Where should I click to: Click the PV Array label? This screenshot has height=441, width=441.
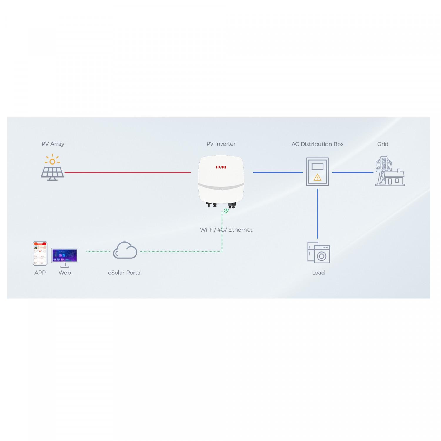53,144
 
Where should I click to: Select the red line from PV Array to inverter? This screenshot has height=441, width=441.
128,173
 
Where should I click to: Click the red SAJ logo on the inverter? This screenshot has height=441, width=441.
221,167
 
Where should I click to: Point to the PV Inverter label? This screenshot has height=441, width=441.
221,144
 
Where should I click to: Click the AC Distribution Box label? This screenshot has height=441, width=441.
318,144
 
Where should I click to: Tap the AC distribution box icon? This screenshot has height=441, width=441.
318,171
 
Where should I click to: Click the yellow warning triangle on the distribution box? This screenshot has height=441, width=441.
318,177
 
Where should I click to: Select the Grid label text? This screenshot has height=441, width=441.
383,144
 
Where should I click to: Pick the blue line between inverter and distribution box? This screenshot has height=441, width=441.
278,173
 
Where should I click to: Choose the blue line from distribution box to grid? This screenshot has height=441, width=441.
353,173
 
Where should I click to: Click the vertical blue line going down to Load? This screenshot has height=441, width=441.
318,213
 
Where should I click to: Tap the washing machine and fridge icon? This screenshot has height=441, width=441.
318,253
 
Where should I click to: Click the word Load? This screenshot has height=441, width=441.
318,273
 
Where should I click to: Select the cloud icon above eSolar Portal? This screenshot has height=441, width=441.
125,250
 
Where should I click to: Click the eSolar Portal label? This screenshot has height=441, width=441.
125,273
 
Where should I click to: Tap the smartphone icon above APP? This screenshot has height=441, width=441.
40,253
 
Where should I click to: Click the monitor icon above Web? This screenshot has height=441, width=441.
65,257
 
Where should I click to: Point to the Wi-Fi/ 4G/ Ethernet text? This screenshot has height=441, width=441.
226,230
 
